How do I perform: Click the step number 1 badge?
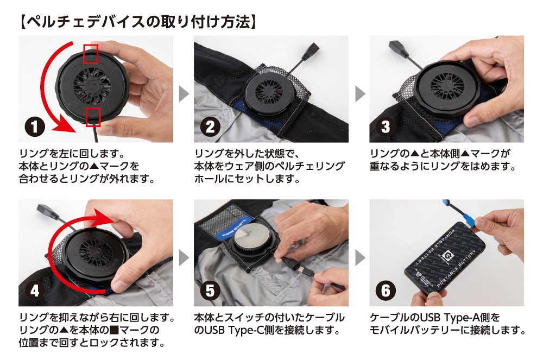tap(35, 127)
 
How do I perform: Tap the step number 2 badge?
tap(210, 127)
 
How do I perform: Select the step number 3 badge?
tap(386, 127)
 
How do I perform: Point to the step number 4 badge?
tap(35, 291)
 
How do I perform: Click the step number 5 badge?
tap(210, 291)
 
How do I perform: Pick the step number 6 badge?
tap(386, 291)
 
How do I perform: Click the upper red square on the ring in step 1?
tap(91, 54)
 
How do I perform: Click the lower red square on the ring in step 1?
tap(93, 117)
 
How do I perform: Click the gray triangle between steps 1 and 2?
tap(184, 94)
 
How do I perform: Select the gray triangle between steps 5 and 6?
tap(360, 258)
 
